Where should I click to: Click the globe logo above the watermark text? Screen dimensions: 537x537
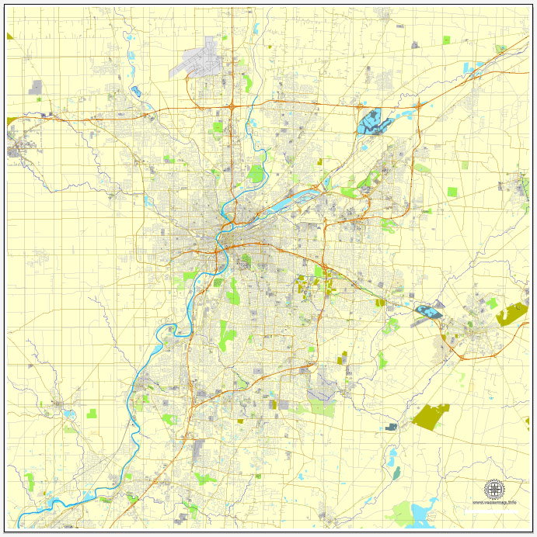tap(494, 489)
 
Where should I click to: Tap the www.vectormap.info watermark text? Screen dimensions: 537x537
tap(494, 503)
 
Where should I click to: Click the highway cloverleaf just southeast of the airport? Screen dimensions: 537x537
tap(232, 106)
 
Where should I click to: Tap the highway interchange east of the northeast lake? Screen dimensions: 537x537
tap(418, 104)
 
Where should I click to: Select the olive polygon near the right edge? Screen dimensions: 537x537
tap(511, 314)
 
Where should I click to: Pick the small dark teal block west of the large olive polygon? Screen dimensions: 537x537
tap(391, 426)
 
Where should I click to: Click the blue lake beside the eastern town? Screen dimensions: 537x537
tap(427, 312)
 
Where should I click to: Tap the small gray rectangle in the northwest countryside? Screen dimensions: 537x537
tap(36, 87)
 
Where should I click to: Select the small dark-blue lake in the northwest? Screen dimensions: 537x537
tap(136, 91)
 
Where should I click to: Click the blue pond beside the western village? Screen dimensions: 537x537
tap(68, 414)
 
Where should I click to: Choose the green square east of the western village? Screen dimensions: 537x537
tap(92, 413)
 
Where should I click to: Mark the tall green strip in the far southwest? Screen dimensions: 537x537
tap(30, 481)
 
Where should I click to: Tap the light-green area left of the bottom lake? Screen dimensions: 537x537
tap(401, 513)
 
